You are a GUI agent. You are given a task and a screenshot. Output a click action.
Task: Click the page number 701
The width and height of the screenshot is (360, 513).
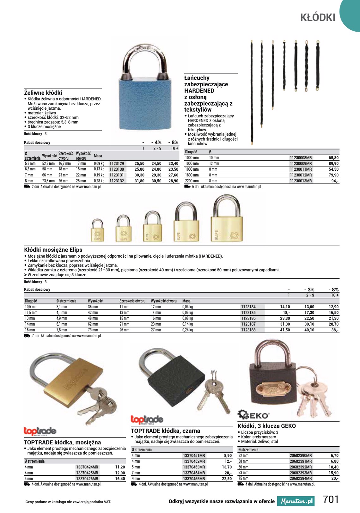[331, 499]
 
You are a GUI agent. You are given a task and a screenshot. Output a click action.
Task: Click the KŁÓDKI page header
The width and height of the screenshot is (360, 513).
[317, 18]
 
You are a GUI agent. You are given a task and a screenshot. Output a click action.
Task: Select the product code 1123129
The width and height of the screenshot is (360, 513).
[117, 164]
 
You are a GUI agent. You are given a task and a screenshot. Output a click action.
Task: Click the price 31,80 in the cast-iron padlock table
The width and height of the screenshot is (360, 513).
[139, 181]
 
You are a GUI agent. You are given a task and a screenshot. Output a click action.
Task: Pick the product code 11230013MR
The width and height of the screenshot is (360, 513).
[301, 181]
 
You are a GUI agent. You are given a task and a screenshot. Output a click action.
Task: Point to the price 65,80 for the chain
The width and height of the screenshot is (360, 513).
[333, 158]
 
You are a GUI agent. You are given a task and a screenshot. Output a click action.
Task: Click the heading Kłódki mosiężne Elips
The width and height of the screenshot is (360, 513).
[53, 250]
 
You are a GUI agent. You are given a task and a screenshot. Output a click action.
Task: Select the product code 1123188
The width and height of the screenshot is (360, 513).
[248, 330]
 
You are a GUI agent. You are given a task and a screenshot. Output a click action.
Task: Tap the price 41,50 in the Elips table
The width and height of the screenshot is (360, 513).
[285, 330]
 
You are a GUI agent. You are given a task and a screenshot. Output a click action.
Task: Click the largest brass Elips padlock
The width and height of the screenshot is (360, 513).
[227, 226]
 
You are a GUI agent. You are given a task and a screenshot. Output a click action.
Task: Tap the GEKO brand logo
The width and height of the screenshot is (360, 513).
[253, 414]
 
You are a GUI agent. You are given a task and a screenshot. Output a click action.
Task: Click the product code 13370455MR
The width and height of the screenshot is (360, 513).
[194, 479]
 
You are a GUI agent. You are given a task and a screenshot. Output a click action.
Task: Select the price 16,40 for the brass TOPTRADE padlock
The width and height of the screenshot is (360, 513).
[120, 479]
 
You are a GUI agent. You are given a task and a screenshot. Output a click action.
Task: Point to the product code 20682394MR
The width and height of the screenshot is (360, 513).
[301, 479]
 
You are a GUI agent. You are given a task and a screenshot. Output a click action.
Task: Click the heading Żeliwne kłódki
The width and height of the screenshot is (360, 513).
[43, 93]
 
